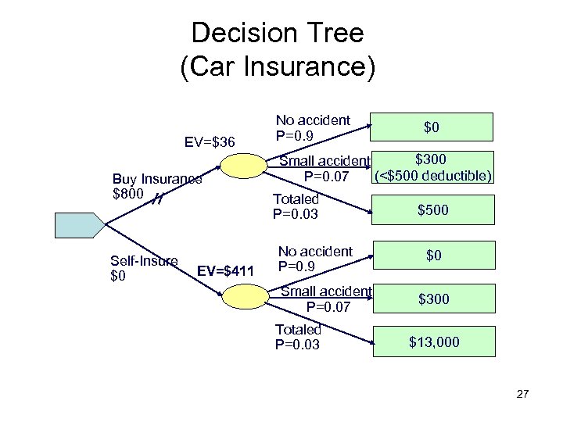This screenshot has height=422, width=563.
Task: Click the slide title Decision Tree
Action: [278, 33]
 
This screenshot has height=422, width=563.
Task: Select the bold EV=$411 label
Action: [226, 271]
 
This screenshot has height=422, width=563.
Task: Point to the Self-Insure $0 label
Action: [144, 268]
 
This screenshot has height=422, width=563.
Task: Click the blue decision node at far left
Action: [77, 225]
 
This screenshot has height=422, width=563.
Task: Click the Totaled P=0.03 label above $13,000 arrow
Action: [297, 337]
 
